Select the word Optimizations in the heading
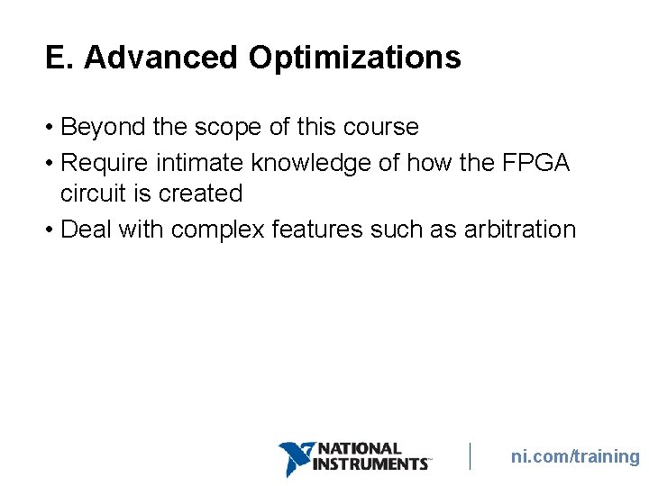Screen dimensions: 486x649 pos(354,58)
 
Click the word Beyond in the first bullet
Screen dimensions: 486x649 pos(103,127)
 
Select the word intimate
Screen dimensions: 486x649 pos(200,163)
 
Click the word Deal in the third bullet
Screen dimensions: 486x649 pos(85,229)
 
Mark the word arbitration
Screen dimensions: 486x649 pos(519,229)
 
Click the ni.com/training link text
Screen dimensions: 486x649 pos(575,456)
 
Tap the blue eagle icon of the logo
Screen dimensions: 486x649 pos(294,458)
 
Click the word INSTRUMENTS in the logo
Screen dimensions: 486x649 pos(370,464)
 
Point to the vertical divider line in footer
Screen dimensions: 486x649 pos(470,456)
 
